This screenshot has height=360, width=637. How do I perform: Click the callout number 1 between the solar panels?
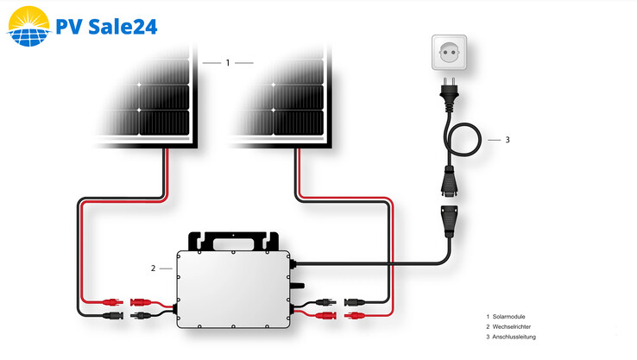pyautogui.click(x=227, y=63)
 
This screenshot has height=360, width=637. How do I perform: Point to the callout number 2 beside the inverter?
pyautogui.click(x=154, y=268)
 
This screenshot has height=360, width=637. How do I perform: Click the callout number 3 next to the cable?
pyautogui.click(x=507, y=140)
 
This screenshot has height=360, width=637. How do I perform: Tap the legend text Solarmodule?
pyautogui.click(x=514, y=316)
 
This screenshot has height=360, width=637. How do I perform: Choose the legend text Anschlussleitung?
pyautogui.click(x=516, y=337)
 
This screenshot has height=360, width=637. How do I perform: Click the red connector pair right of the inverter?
pyautogui.click(x=340, y=317)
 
